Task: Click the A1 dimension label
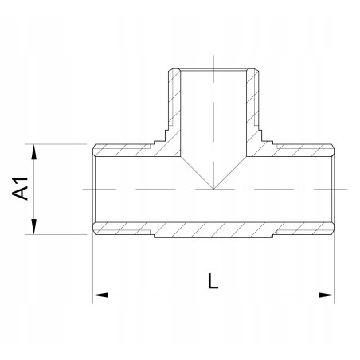[20, 189]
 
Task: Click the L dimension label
[213, 280]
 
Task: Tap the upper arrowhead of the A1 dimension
[33, 152]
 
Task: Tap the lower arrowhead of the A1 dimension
[33, 226]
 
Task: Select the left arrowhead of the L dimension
[100, 295]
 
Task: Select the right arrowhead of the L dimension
[327, 295]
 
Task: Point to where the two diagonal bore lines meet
[213, 189]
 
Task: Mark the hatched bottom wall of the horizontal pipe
[213, 229]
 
